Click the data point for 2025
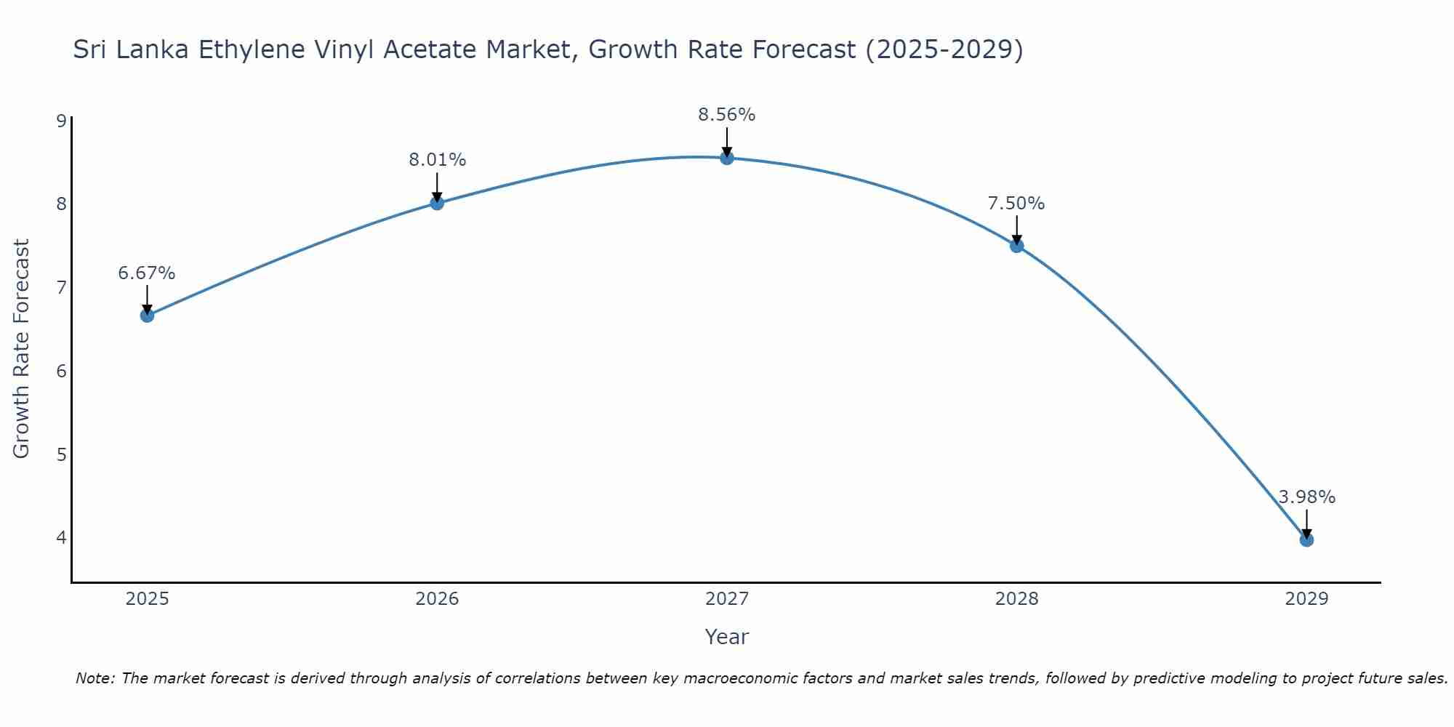(x=147, y=316)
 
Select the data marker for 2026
(x=437, y=203)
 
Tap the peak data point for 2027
(x=727, y=158)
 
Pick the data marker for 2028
(x=1016, y=246)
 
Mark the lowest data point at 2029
(x=1306, y=539)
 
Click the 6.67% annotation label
(x=147, y=273)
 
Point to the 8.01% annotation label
(x=437, y=160)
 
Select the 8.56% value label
(x=727, y=115)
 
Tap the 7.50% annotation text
(x=1016, y=204)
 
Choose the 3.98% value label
(x=1306, y=497)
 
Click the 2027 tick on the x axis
(x=727, y=599)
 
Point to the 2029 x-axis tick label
(x=1306, y=599)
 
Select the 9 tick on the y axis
(x=61, y=121)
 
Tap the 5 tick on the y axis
(x=61, y=455)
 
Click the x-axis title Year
(x=727, y=637)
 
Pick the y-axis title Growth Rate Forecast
(x=22, y=349)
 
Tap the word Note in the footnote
(x=94, y=678)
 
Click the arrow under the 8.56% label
(x=727, y=142)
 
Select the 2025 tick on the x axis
(x=147, y=599)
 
